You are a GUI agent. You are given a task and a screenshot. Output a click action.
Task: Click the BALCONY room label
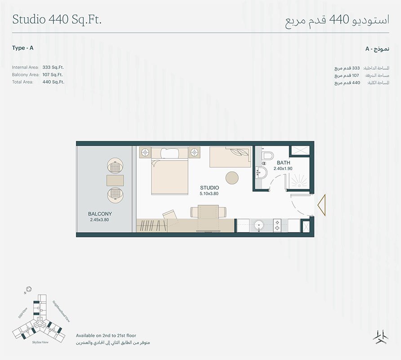pos(100,214)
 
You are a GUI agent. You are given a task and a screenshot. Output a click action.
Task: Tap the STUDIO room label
pos(209,188)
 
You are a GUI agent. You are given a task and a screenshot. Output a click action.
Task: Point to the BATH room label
pos(283,162)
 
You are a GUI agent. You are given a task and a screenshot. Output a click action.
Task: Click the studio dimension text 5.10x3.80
pos(209,193)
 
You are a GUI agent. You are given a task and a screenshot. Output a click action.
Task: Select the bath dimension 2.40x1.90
pos(283,168)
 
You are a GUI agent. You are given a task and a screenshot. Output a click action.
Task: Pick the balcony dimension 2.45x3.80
pos(99,220)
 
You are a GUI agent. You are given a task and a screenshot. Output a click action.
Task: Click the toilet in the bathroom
pos(267,156)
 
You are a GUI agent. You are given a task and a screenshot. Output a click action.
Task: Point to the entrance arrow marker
pos(322,205)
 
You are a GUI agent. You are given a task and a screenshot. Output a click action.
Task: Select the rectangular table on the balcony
pos(115,180)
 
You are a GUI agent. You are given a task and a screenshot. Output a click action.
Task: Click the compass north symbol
pos(29,290)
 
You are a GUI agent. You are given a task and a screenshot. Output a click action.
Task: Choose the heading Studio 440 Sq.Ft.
pos(57,20)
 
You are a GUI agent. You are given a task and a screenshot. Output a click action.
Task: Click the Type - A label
pos(23,48)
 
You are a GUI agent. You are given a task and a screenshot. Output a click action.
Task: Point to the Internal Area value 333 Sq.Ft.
pos(53,67)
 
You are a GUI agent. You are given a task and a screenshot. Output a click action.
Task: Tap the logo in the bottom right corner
pos(380,337)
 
